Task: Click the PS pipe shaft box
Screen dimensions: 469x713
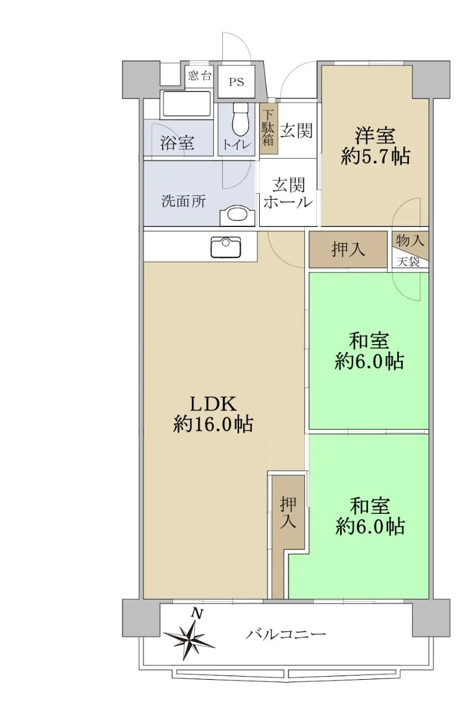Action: [236, 81]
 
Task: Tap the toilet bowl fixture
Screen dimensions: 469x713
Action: [240, 119]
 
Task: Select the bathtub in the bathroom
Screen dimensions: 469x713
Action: [186, 104]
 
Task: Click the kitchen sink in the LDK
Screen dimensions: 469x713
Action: [225, 247]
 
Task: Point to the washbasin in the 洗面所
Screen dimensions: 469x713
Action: [238, 214]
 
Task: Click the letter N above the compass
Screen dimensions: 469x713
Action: [197, 613]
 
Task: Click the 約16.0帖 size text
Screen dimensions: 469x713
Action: [213, 424]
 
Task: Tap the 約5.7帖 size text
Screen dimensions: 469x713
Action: [375, 156]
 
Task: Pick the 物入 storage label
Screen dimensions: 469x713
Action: [410, 239]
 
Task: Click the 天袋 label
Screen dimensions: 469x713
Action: [408, 262]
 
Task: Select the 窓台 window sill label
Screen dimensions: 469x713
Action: [199, 75]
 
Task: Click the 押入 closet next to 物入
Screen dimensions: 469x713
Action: [348, 249]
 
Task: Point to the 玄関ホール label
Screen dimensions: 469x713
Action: [288, 193]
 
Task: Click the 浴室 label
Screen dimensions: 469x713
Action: [177, 142]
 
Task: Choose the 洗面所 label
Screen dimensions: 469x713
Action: [184, 201]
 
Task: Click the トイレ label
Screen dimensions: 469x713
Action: [237, 145]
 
